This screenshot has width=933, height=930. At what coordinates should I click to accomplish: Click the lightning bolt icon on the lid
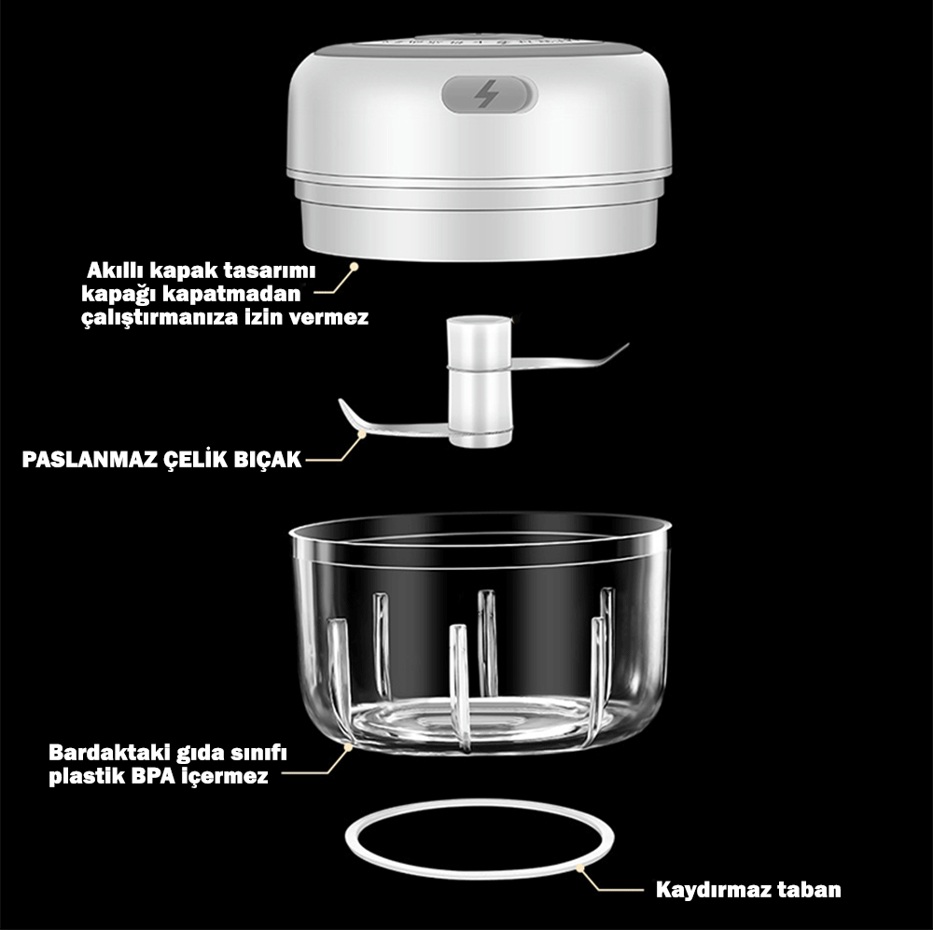tap(487, 94)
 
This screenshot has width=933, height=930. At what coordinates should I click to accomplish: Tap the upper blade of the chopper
tap(568, 359)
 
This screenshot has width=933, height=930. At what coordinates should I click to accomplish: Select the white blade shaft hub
tap(479, 382)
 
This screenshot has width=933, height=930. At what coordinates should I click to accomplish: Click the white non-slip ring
tap(479, 802)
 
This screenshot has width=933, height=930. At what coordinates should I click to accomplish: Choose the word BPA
tap(153, 776)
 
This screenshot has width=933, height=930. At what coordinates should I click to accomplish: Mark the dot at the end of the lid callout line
tap(354, 267)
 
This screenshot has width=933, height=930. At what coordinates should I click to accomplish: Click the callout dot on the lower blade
tap(360, 435)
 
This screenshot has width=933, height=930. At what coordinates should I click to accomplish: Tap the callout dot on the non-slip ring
tap(579, 868)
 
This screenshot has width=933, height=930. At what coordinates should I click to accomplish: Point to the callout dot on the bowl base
tap(348, 746)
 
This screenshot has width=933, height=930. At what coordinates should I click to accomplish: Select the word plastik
tap(87, 776)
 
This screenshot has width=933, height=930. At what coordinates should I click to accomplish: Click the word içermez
tap(224, 777)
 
